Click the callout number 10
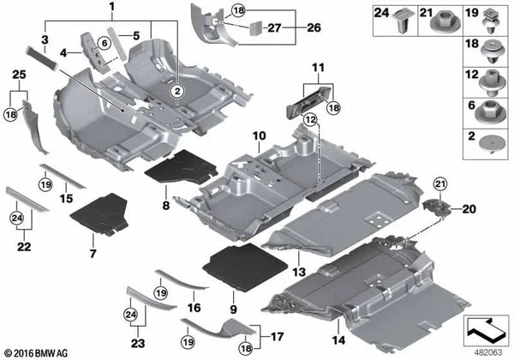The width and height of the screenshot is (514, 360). pos(260,135)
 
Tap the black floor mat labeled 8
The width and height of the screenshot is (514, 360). pos(181,169)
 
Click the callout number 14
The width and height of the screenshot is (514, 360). pos(338,340)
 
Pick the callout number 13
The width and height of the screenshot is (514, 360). pos(299,272)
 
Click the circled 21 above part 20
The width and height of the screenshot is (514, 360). pos(440,184)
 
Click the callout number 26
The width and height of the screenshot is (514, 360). pos(314,27)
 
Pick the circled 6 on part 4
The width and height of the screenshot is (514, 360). pos(105,43)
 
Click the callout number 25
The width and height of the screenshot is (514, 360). pos(19,75)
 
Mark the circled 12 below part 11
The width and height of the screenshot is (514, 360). pos(310,120)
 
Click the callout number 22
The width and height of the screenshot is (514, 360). pos(24,246)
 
